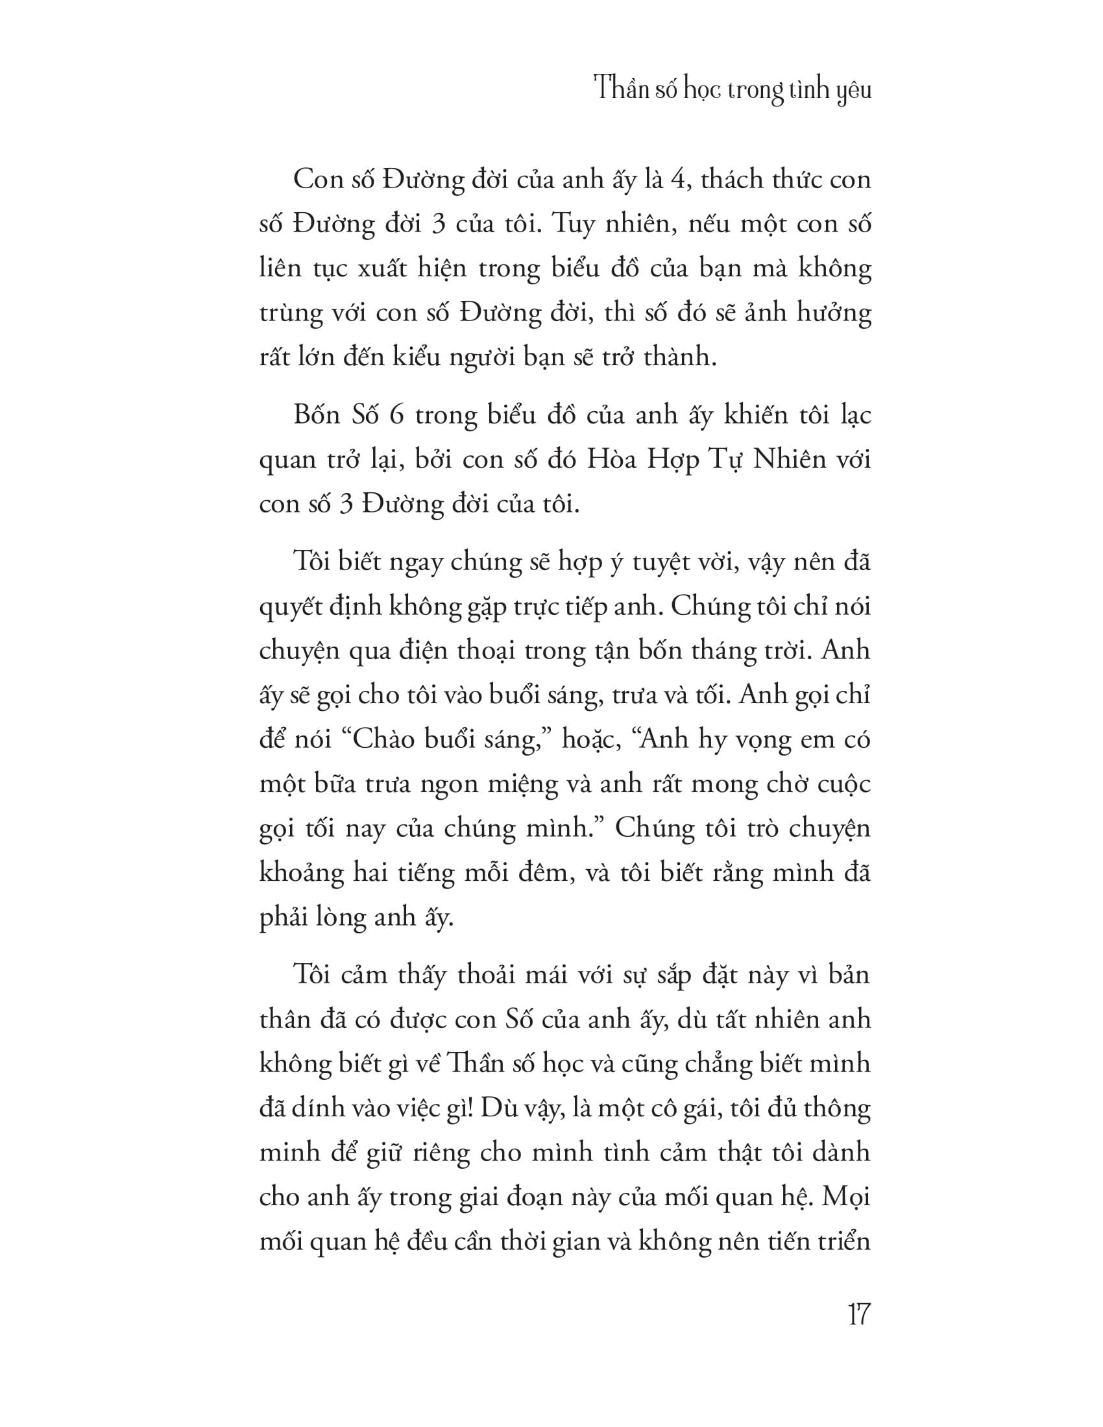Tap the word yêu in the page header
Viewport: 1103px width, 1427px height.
click(x=854, y=90)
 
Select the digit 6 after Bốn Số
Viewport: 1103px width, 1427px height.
click(x=396, y=416)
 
